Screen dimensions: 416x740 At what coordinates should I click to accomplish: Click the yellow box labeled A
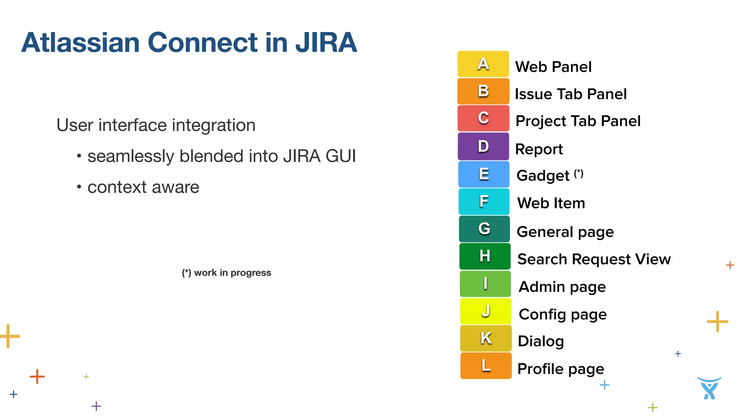(x=483, y=64)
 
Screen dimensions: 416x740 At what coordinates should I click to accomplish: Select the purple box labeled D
(x=483, y=146)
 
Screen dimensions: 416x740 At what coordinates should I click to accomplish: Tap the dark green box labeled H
(x=485, y=256)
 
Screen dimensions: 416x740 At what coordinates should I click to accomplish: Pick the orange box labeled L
(x=486, y=365)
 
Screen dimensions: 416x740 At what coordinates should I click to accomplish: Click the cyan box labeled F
(x=484, y=201)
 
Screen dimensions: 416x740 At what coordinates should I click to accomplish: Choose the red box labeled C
(x=483, y=118)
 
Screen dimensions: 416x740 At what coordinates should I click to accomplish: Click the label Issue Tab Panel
(x=570, y=94)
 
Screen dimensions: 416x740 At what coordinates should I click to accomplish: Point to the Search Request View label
(x=594, y=259)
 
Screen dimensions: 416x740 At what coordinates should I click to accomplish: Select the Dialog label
(x=541, y=341)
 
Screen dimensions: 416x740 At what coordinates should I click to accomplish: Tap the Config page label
(x=562, y=315)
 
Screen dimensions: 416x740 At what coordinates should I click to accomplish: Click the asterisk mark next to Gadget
(x=578, y=173)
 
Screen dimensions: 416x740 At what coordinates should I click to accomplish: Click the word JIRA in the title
(x=326, y=43)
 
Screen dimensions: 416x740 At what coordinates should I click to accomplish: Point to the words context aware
(x=143, y=187)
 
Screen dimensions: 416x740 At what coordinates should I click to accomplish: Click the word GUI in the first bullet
(x=340, y=156)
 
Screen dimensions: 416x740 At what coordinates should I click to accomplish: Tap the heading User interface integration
(x=156, y=125)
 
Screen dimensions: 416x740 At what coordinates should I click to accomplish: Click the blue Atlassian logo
(x=709, y=388)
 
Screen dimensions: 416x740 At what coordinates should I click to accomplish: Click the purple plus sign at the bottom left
(x=96, y=406)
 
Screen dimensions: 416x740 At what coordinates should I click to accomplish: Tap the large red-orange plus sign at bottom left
(x=37, y=377)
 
